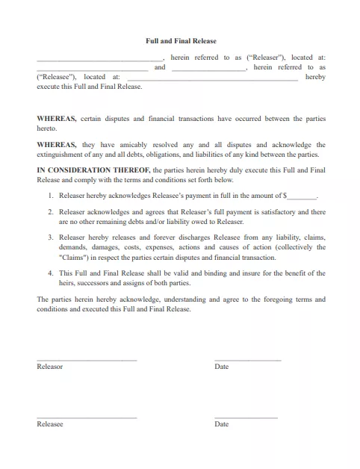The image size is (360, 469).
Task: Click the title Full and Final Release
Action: coord(180,41)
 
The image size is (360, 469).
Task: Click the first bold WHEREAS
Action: coord(55,119)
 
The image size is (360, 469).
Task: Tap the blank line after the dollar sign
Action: coord(302,196)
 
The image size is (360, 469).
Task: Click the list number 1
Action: coord(51,196)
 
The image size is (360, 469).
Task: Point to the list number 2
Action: coord(51,213)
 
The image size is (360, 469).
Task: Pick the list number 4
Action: coord(51,273)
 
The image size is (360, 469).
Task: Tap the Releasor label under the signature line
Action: coord(50,367)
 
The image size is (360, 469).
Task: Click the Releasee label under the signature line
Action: coord(50,424)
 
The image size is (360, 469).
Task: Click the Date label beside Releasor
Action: coord(221,367)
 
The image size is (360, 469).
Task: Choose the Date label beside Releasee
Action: coord(221,424)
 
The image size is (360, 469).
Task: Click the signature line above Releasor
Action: coord(87,361)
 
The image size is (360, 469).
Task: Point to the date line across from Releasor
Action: coord(247,361)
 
